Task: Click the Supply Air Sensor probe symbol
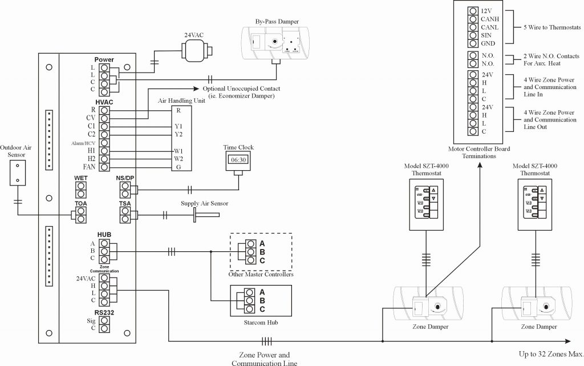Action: (206, 215)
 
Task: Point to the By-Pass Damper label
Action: (277, 21)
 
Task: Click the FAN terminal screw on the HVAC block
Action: (104, 167)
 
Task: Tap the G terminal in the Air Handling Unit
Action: (179, 167)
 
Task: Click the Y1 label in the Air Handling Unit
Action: (179, 126)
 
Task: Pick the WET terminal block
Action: (81, 189)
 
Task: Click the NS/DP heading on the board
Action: (125, 178)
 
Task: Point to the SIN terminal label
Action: (486, 35)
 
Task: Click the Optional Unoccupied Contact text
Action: (241, 89)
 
